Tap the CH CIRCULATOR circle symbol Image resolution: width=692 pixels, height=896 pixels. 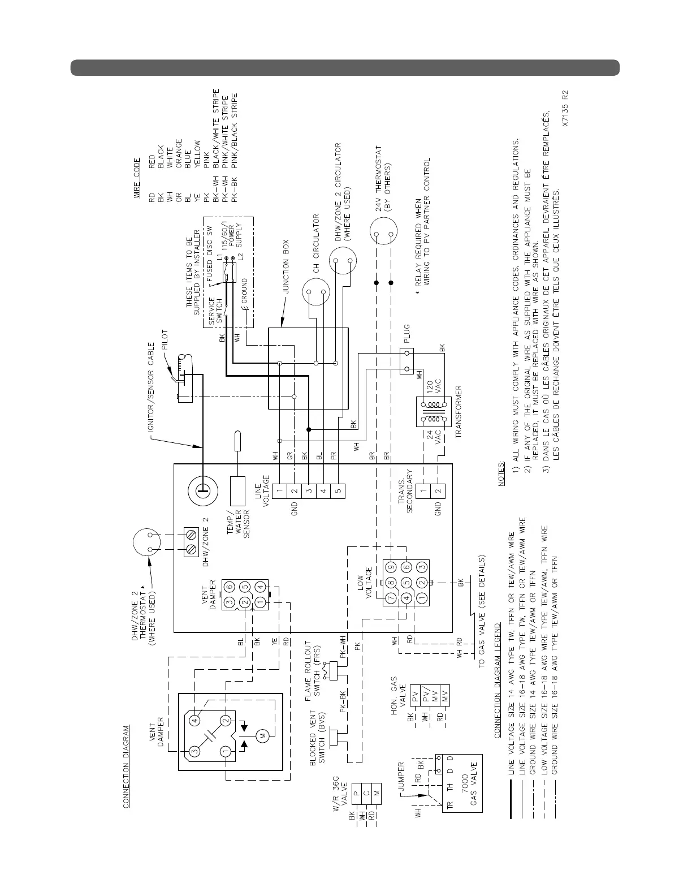pos(317,292)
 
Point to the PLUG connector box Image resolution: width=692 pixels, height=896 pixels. pos(406,361)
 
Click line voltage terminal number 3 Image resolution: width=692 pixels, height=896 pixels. pos(308,491)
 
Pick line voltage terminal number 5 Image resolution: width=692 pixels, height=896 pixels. pos(338,491)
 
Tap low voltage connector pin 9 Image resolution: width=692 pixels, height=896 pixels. pos(390,567)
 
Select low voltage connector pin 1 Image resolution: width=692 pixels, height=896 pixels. pos(419,597)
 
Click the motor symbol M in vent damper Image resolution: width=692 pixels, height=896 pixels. pos(262,735)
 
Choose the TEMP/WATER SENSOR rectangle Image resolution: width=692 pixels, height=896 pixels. pos(237,491)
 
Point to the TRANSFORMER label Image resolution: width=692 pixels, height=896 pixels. pos(459,412)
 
